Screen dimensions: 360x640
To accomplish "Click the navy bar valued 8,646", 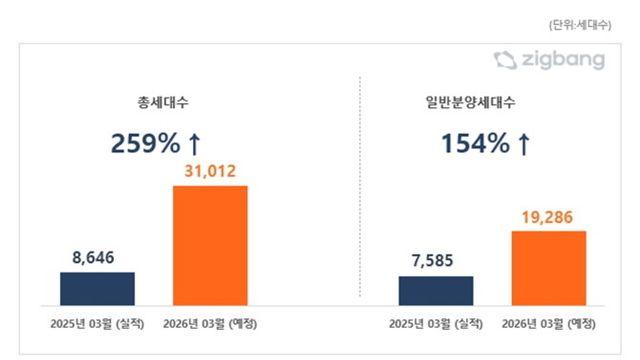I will [97, 287].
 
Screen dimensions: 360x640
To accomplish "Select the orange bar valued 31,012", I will [210, 244].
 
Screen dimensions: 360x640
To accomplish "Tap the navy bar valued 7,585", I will [436, 290].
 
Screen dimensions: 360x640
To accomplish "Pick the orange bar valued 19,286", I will [549, 267].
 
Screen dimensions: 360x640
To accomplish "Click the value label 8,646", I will [98, 258].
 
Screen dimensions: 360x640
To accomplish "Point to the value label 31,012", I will [210, 172].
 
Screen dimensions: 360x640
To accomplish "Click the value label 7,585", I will [436, 262].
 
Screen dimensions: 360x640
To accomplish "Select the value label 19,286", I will [549, 215].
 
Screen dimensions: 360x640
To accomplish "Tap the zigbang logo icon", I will [505, 61].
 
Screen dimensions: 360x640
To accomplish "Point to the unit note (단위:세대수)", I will [584, 22].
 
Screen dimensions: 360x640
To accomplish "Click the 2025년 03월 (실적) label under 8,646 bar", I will [98, 324].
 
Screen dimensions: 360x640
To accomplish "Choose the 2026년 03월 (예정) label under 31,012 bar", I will [211, 324].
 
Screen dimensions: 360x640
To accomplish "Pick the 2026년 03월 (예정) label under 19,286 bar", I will [549, 324].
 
